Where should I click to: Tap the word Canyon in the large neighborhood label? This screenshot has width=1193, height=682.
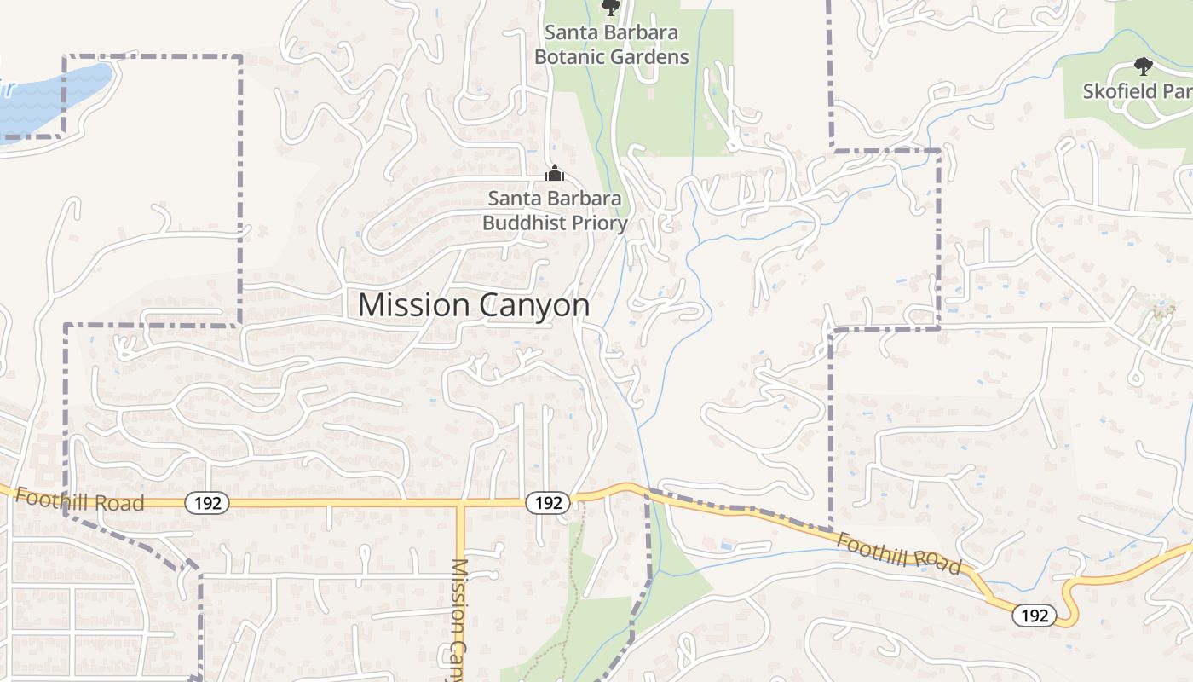(x=535, y=305)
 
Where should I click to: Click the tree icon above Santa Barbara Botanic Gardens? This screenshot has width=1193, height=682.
(x=611, y=8)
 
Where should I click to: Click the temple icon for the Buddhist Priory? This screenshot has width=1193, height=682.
(x=555, y=174)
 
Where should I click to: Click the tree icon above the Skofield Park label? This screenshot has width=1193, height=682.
(x=1143, y=66)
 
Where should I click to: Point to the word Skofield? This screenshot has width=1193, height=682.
(x=1120, y=91)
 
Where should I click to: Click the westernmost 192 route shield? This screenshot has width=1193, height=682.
(x=207, y=503)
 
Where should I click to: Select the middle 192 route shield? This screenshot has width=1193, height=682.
(x=547, y=503)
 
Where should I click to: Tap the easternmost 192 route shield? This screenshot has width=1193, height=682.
(x=1035, y=615)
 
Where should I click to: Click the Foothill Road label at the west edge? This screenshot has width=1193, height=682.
(x=79, y=500)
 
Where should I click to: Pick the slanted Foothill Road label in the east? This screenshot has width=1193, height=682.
(x=898, y=552)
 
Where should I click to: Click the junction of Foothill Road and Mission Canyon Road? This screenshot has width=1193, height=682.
(x=460, y=503)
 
